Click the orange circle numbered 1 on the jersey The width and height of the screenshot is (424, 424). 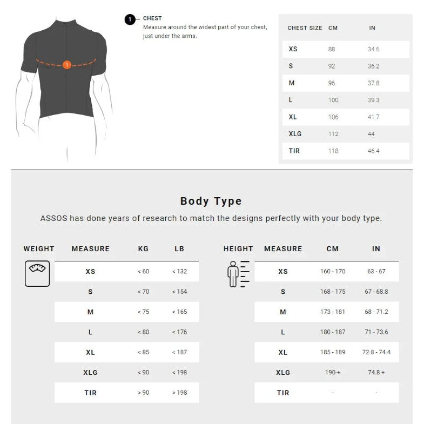click(66, 65)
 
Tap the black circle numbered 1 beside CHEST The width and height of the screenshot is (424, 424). click(130, 20)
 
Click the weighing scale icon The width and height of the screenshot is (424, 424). click(37, 273)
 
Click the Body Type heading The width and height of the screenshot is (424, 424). click(211, 201)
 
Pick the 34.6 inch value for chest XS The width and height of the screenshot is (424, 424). click(374, 49)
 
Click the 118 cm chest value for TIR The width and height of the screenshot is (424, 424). click(333, 151)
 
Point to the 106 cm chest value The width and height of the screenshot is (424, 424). click(333, 117)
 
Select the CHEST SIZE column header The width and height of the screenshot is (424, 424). click(305, 28)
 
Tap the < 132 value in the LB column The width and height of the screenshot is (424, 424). click(179, 271)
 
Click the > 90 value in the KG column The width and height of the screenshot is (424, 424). click(143, 393)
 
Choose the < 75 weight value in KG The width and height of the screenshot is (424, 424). click(143, 312)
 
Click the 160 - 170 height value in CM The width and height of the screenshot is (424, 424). click(333, 271)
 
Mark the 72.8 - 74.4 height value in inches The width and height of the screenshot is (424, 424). click(376, 352)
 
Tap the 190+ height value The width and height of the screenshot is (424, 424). click(333, 373)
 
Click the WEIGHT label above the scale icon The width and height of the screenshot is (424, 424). click(39, 249)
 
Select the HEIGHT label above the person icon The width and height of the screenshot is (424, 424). click(238, 249)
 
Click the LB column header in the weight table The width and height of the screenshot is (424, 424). click(179, 249)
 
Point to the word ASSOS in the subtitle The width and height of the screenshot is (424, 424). click(55, 219)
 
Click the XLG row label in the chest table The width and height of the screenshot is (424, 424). click(295, 134)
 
